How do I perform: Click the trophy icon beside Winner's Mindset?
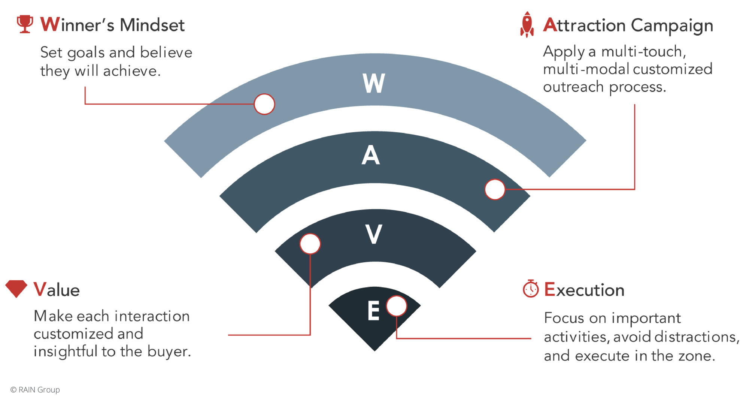coord(25,24)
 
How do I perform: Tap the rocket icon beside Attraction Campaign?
coord(527,25)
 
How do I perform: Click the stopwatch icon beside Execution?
coord(531,289)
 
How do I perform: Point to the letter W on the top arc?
coord(374,83)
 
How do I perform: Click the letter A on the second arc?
coord(371,155)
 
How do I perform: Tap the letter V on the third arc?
coord(373,234)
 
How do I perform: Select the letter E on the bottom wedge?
coord(373,311)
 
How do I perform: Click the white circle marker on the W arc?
coord(264,104)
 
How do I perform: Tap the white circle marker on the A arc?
coord(495,189)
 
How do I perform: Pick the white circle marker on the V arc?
coord(310,244)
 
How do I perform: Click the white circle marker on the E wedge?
coord(397,306)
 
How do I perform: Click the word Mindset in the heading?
coord(152,25)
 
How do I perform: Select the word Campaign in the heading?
coord(672,26)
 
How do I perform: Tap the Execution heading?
coord(584,290)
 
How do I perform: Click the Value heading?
coord(57,290)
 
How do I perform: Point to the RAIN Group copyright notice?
coord(36,390)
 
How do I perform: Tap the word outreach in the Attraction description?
coord(573,87)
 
